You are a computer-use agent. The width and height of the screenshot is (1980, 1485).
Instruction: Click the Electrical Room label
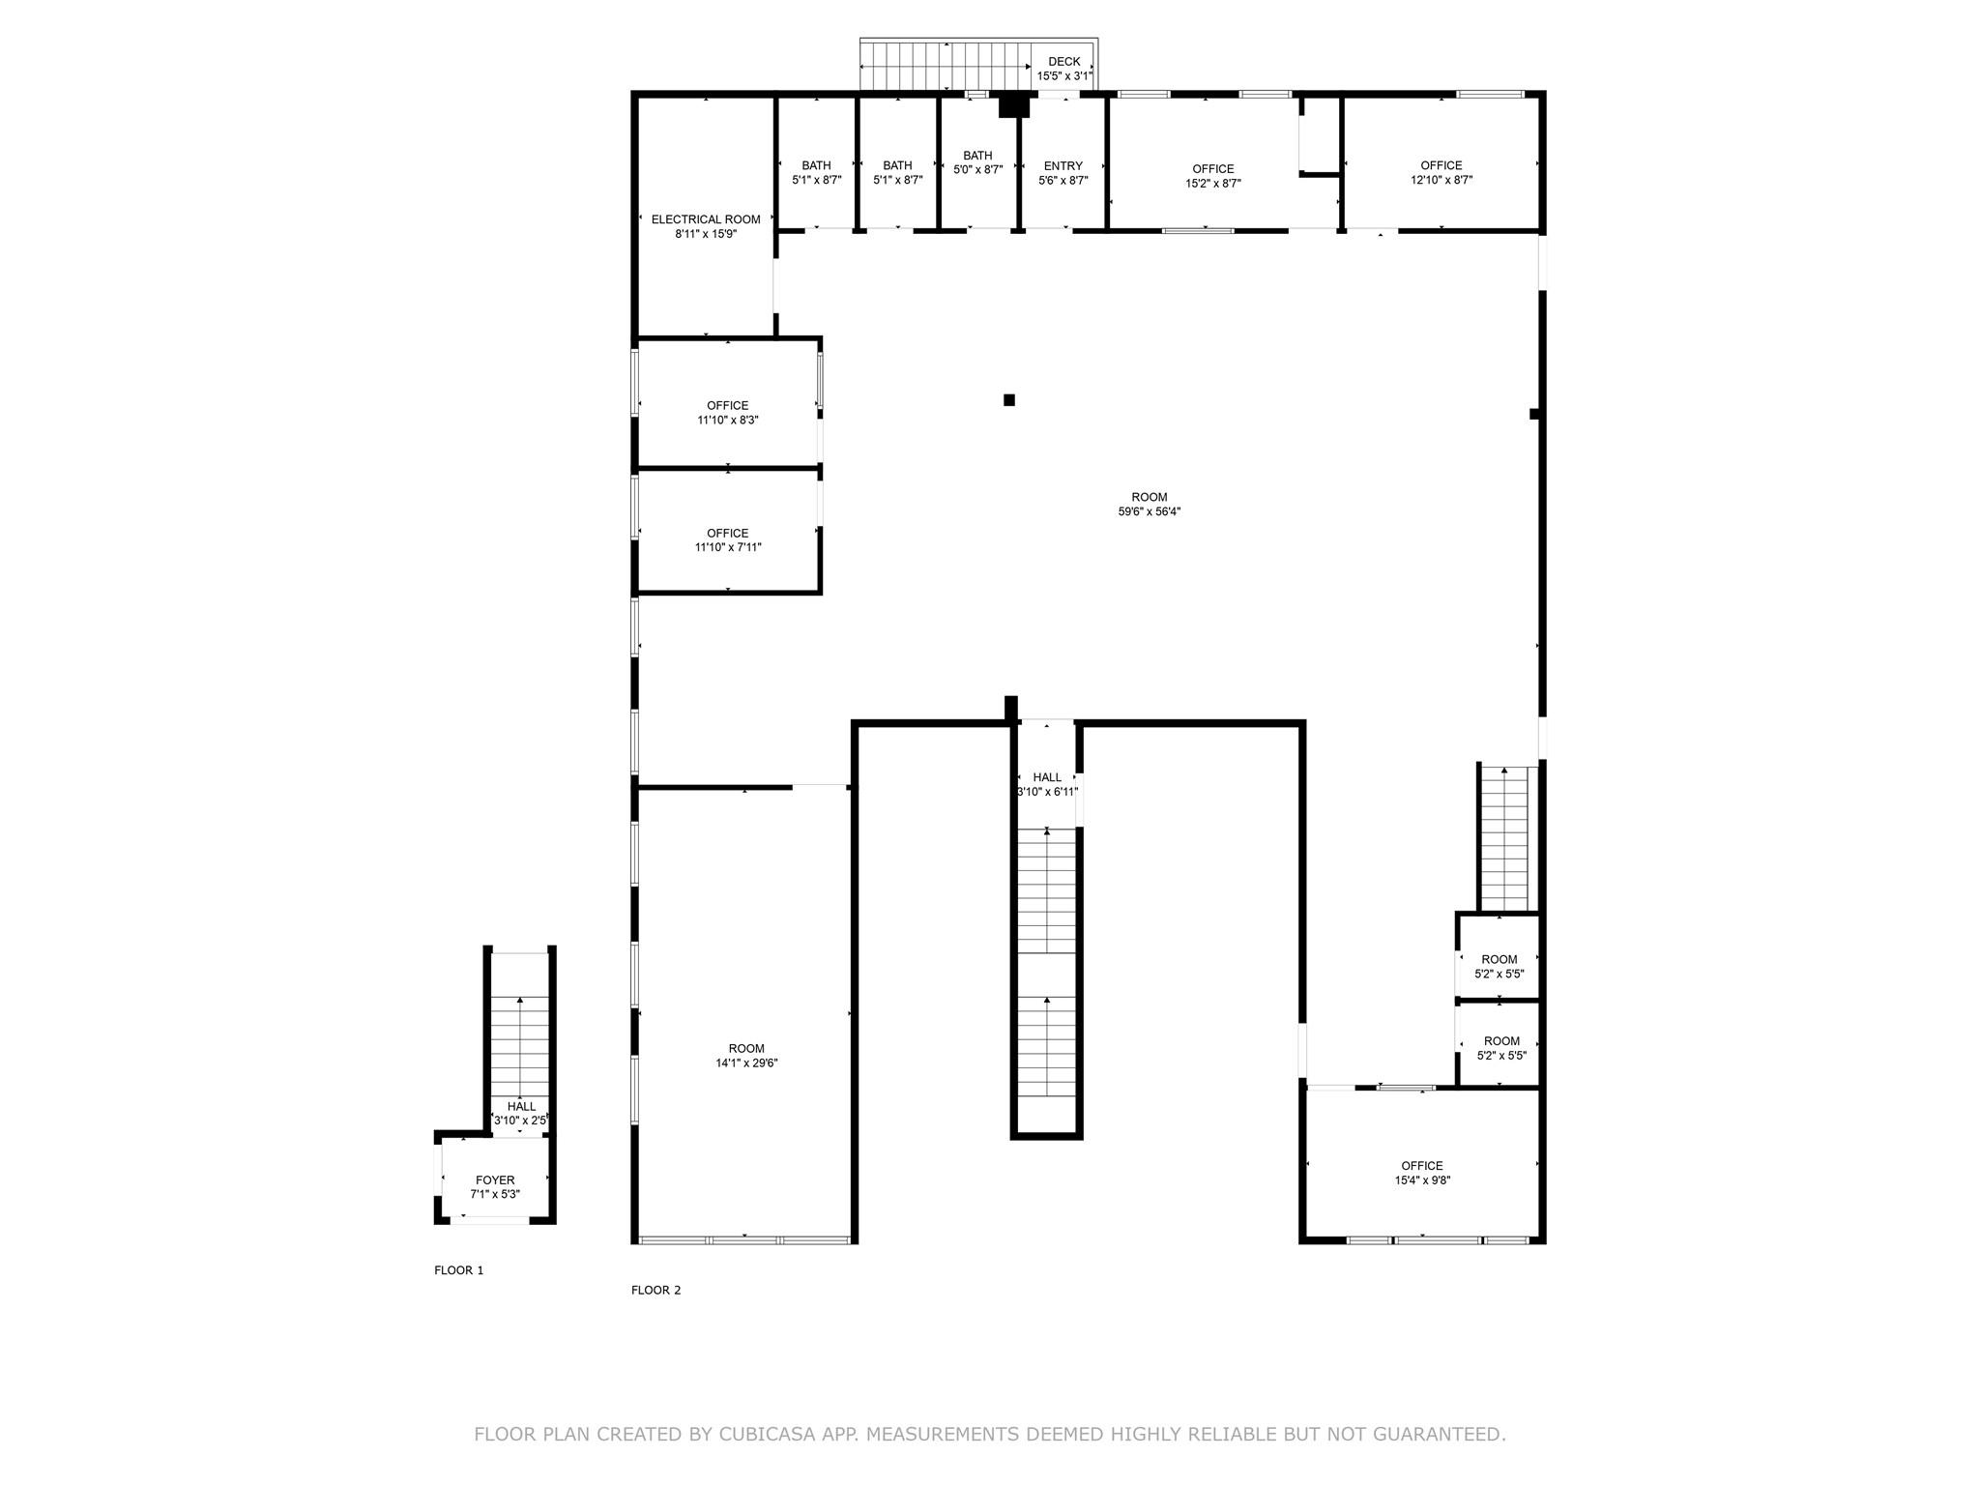(706, 219)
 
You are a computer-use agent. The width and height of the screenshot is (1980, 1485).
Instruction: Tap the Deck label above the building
(1063, 62)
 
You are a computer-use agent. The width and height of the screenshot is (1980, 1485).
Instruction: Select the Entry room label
(1063, 166)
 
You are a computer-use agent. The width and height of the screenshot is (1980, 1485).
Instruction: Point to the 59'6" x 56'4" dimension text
(1150, 512)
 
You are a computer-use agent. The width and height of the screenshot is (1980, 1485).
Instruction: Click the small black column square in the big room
(1009, 400)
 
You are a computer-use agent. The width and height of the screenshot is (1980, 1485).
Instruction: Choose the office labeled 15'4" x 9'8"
(1421, 1173)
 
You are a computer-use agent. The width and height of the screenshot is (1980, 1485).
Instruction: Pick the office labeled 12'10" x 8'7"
(1441, 173)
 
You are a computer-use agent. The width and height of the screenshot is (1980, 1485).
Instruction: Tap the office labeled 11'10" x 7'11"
(727, 540)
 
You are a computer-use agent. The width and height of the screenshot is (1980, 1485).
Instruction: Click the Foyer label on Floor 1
(495, 1180)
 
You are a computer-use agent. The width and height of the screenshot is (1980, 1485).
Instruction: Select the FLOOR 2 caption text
(655, 1290)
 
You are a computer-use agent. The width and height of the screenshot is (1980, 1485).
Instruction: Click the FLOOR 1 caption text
(458, 1270)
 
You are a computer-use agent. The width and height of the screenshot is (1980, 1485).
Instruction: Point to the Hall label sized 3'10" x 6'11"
(1047, 777)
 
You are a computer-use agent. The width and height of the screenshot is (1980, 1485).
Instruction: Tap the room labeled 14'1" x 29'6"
(746, 1056)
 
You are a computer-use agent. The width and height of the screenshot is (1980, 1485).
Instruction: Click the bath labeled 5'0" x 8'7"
(977, 162)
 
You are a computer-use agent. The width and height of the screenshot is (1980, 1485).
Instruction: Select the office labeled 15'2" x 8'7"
(1213, 176)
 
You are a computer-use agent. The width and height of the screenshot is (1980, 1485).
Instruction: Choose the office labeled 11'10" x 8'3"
(727, 413)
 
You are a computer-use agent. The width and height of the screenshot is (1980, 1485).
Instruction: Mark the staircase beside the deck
(945, 66)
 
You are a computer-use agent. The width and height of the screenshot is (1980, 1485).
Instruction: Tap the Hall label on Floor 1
(521, 1107)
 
